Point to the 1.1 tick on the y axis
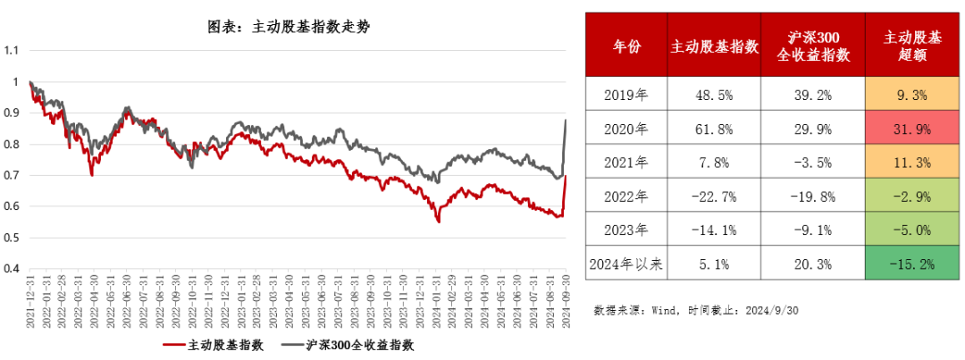coord(12,51)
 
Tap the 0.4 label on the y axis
coord(12,268)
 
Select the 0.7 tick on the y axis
coord(12,175)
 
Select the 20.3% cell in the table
coord(812,264)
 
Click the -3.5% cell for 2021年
coord(812,162)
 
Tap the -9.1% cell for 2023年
coord(812,230)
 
